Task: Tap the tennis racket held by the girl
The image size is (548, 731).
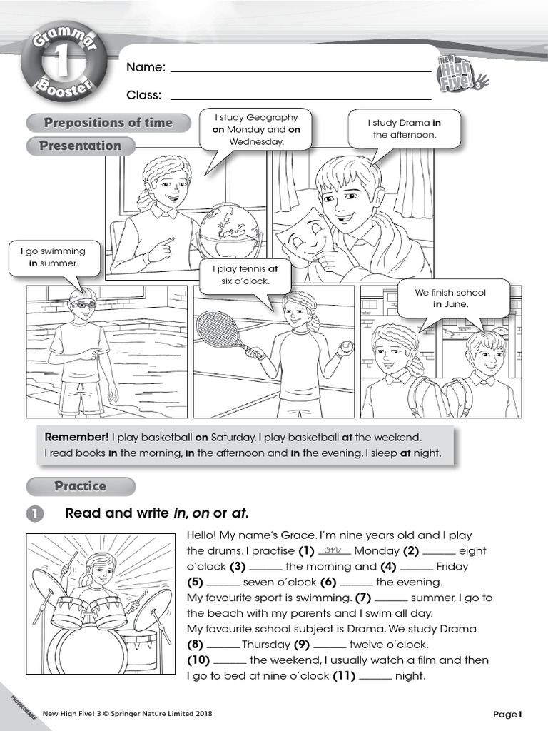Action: (x=220, y=328)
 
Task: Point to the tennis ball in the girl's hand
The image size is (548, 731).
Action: (x=346, y=346)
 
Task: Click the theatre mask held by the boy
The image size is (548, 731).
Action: (x=305, y=236)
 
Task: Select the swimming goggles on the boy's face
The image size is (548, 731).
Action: (x=83, y=303)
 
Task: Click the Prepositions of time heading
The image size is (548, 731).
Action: (x=108, y=123)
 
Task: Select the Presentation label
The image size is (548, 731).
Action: (x=80, y=146)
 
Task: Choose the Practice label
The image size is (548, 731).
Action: (x=80, y=486)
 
